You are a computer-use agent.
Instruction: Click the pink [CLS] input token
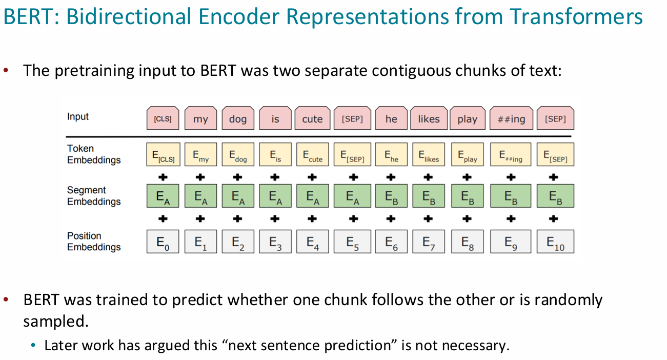[x=163, y=118]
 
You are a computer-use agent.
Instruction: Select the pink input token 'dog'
[x=238, y=118]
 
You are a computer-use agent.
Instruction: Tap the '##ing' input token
[x=511, y=118]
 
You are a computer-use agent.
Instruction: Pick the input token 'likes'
[x=429, y=118]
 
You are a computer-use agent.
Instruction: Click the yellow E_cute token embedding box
[x=313, y=154]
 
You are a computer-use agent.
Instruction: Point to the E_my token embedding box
[x=200, y=154]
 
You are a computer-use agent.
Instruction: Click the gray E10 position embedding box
[x=555, y=242]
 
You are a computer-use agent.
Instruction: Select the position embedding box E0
[x=163, y=242]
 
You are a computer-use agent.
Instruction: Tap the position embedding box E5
[x=352, y=242]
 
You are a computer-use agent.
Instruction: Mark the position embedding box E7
[x=429, y=242]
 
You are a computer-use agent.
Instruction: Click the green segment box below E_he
[x=391, y=196]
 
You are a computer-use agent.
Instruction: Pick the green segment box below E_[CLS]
[x=163, y=196]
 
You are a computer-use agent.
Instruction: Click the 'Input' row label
[x=78, y=116]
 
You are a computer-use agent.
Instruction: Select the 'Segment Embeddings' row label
[x=94, y=195]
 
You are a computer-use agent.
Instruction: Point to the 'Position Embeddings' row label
[x=94, y=241]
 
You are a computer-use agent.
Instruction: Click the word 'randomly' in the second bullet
[x=569, y=300]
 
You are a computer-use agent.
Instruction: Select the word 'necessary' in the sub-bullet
[x=476, y=346]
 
